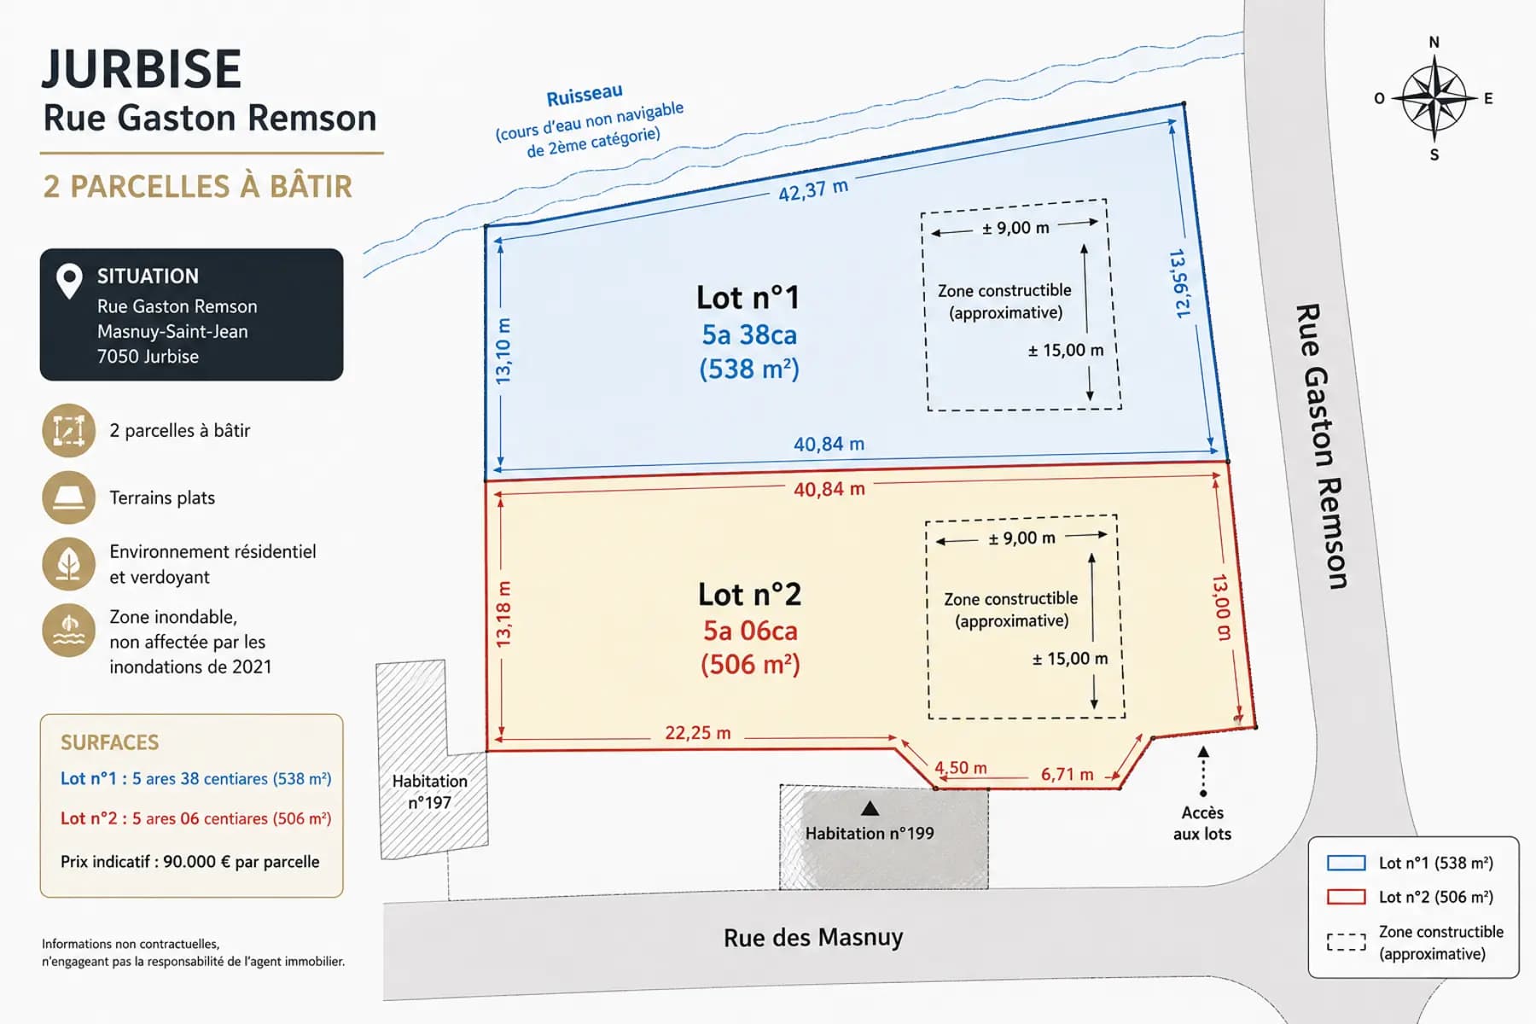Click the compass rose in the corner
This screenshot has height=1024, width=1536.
click(1434, 98)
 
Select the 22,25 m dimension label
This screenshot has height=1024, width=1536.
click(698, 733)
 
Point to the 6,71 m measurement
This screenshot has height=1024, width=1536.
click(1067, 774)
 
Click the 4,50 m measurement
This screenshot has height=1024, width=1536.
click(961, 767)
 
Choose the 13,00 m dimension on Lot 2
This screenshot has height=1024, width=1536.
click(1222, 607)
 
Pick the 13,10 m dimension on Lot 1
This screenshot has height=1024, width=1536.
click(503, 350)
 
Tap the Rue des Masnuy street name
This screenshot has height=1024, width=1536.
click(813, 937)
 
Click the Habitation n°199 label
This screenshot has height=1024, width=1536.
click(870, 833)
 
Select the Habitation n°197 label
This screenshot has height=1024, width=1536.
click(430, 792)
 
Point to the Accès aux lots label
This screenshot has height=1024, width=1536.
click(1202, 823)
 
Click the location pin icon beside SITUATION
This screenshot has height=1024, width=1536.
click(69, 281)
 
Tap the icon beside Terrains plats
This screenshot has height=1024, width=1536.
click(68, 497)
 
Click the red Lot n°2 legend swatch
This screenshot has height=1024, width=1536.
click(1347, 897)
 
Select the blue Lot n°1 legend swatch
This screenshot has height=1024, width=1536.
click(1347, 863)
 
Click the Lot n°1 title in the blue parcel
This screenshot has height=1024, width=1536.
click(748, 298)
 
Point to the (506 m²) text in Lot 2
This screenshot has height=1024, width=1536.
click(750, 664)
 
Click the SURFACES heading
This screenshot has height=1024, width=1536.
click(110, 742)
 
